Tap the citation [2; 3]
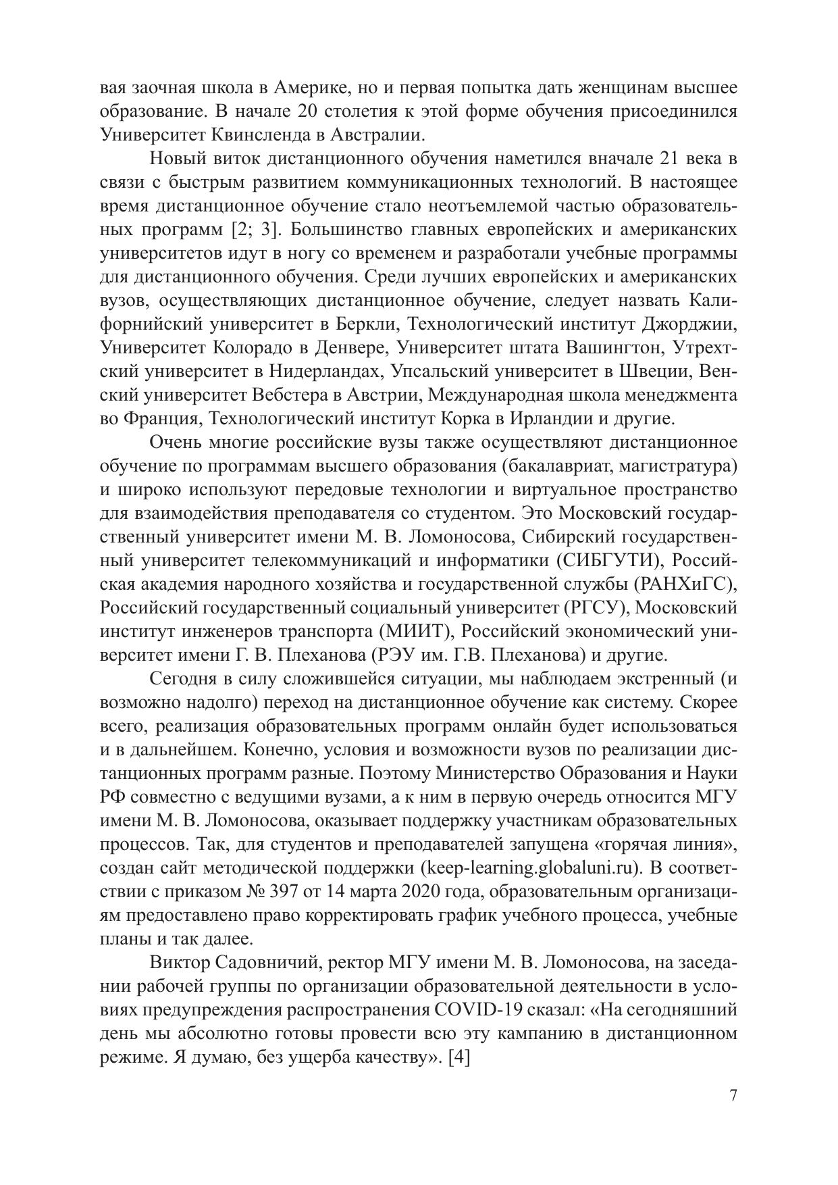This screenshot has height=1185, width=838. (254, 229)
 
